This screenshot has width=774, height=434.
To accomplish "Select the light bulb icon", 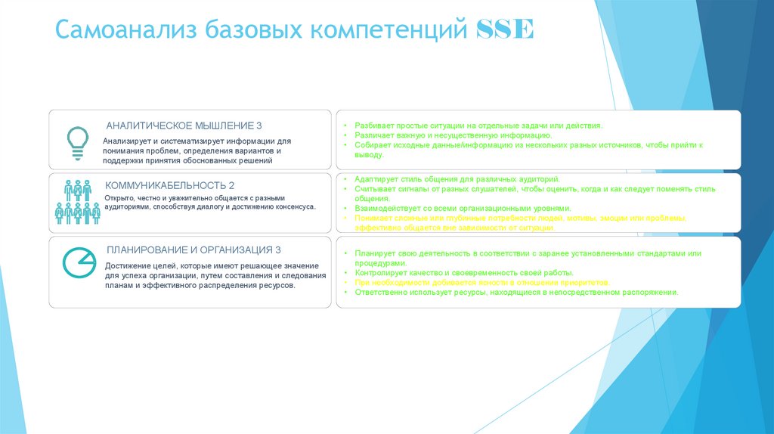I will click(78, 139).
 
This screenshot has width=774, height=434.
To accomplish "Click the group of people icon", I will click(78, 202).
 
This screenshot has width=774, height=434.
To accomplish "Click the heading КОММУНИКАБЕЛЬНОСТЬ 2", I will click(170, 185).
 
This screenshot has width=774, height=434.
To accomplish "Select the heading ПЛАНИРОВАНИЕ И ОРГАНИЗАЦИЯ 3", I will click(194, 250).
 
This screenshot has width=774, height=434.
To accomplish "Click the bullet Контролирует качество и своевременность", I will click(463, 272).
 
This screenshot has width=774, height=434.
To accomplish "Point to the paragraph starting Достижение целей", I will click(215, 276).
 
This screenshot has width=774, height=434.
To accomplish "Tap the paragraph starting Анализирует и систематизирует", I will click(197, 150).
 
